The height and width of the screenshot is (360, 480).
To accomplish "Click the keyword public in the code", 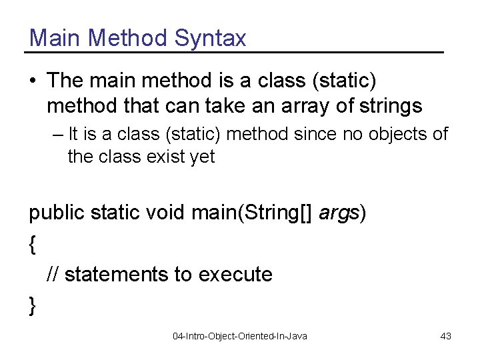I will (x=58, y=213).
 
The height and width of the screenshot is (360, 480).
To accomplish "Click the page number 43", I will (x=446, y=336).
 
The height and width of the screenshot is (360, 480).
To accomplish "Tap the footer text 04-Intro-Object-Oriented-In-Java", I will (x=240, y=336).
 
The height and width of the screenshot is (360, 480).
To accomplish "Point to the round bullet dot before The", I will (x=33, y=81).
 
